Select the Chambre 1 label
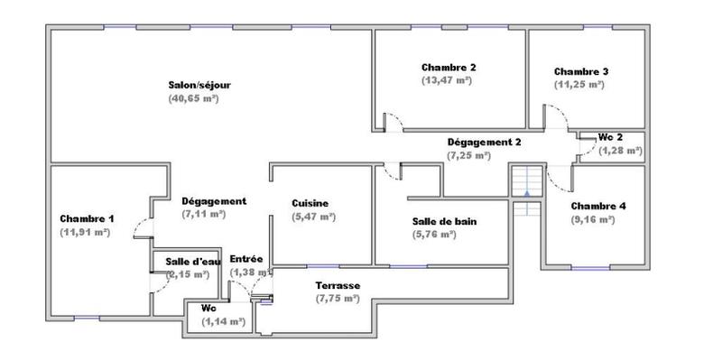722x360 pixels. tap(87, 219)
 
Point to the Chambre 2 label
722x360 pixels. tap(449, 68)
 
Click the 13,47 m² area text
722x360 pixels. tap(448, 80)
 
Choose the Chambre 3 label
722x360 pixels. tap(581, 71)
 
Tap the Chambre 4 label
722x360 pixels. tap(598, 206)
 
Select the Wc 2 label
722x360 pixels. tap(611, 137)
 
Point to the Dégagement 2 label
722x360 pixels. tap(485, 143)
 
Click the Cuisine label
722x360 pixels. tap(310, 203)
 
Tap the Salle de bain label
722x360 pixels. tap(444, 221)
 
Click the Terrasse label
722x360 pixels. tap(338, 286)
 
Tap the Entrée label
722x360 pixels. tap(246, 259)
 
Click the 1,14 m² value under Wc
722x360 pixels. tap(224, 320)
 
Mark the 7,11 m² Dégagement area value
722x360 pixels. tap(202, 214)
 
